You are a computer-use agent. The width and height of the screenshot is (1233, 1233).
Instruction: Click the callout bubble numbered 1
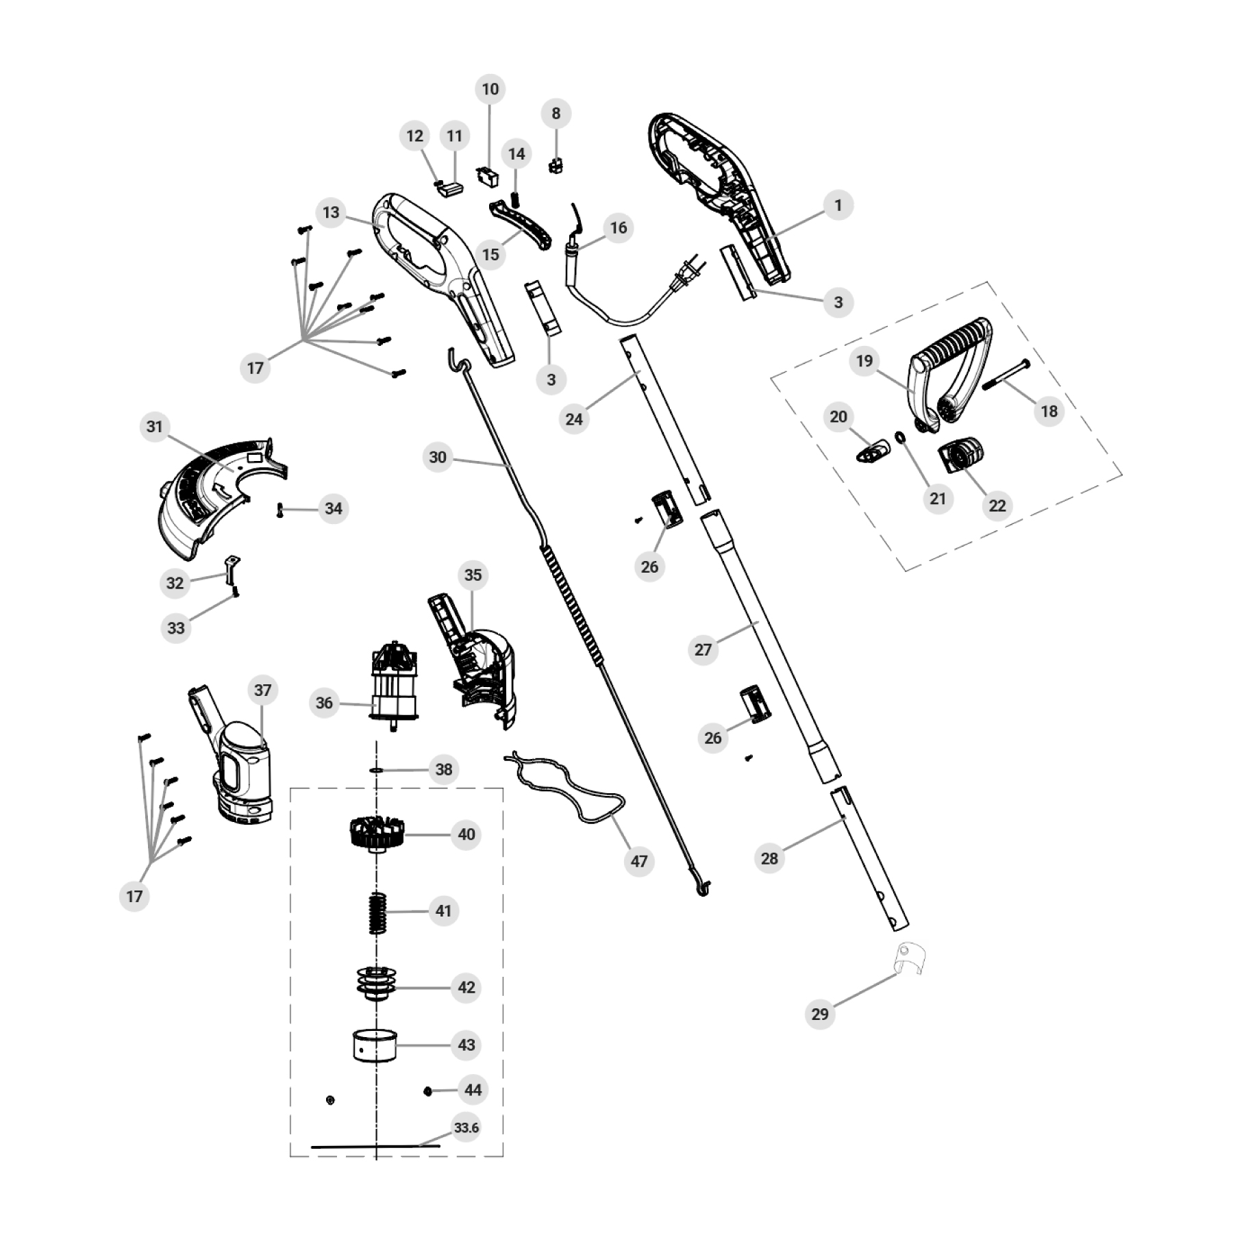(838, 205)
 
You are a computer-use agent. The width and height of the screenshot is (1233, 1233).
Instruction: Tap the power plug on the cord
(686, 272)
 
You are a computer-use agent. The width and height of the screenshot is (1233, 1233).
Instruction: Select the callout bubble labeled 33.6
(466, 1128)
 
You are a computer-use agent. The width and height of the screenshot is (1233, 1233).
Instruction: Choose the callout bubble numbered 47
(638, 861)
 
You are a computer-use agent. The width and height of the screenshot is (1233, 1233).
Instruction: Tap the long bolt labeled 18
(1006, 374)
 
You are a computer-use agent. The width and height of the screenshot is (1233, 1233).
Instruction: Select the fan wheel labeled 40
(373, 834)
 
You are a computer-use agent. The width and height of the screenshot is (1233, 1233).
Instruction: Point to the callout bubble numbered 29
(820, 1014)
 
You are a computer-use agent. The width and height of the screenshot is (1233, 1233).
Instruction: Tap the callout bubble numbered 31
(155, 427)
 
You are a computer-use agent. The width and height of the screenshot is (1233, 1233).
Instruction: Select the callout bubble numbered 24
(574, 419)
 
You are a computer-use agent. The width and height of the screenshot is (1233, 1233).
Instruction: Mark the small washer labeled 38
(375, 770)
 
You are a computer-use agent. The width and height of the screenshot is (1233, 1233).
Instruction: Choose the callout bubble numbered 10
(490, 89)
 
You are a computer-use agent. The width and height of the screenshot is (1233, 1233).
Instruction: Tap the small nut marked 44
(428, 1091)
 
